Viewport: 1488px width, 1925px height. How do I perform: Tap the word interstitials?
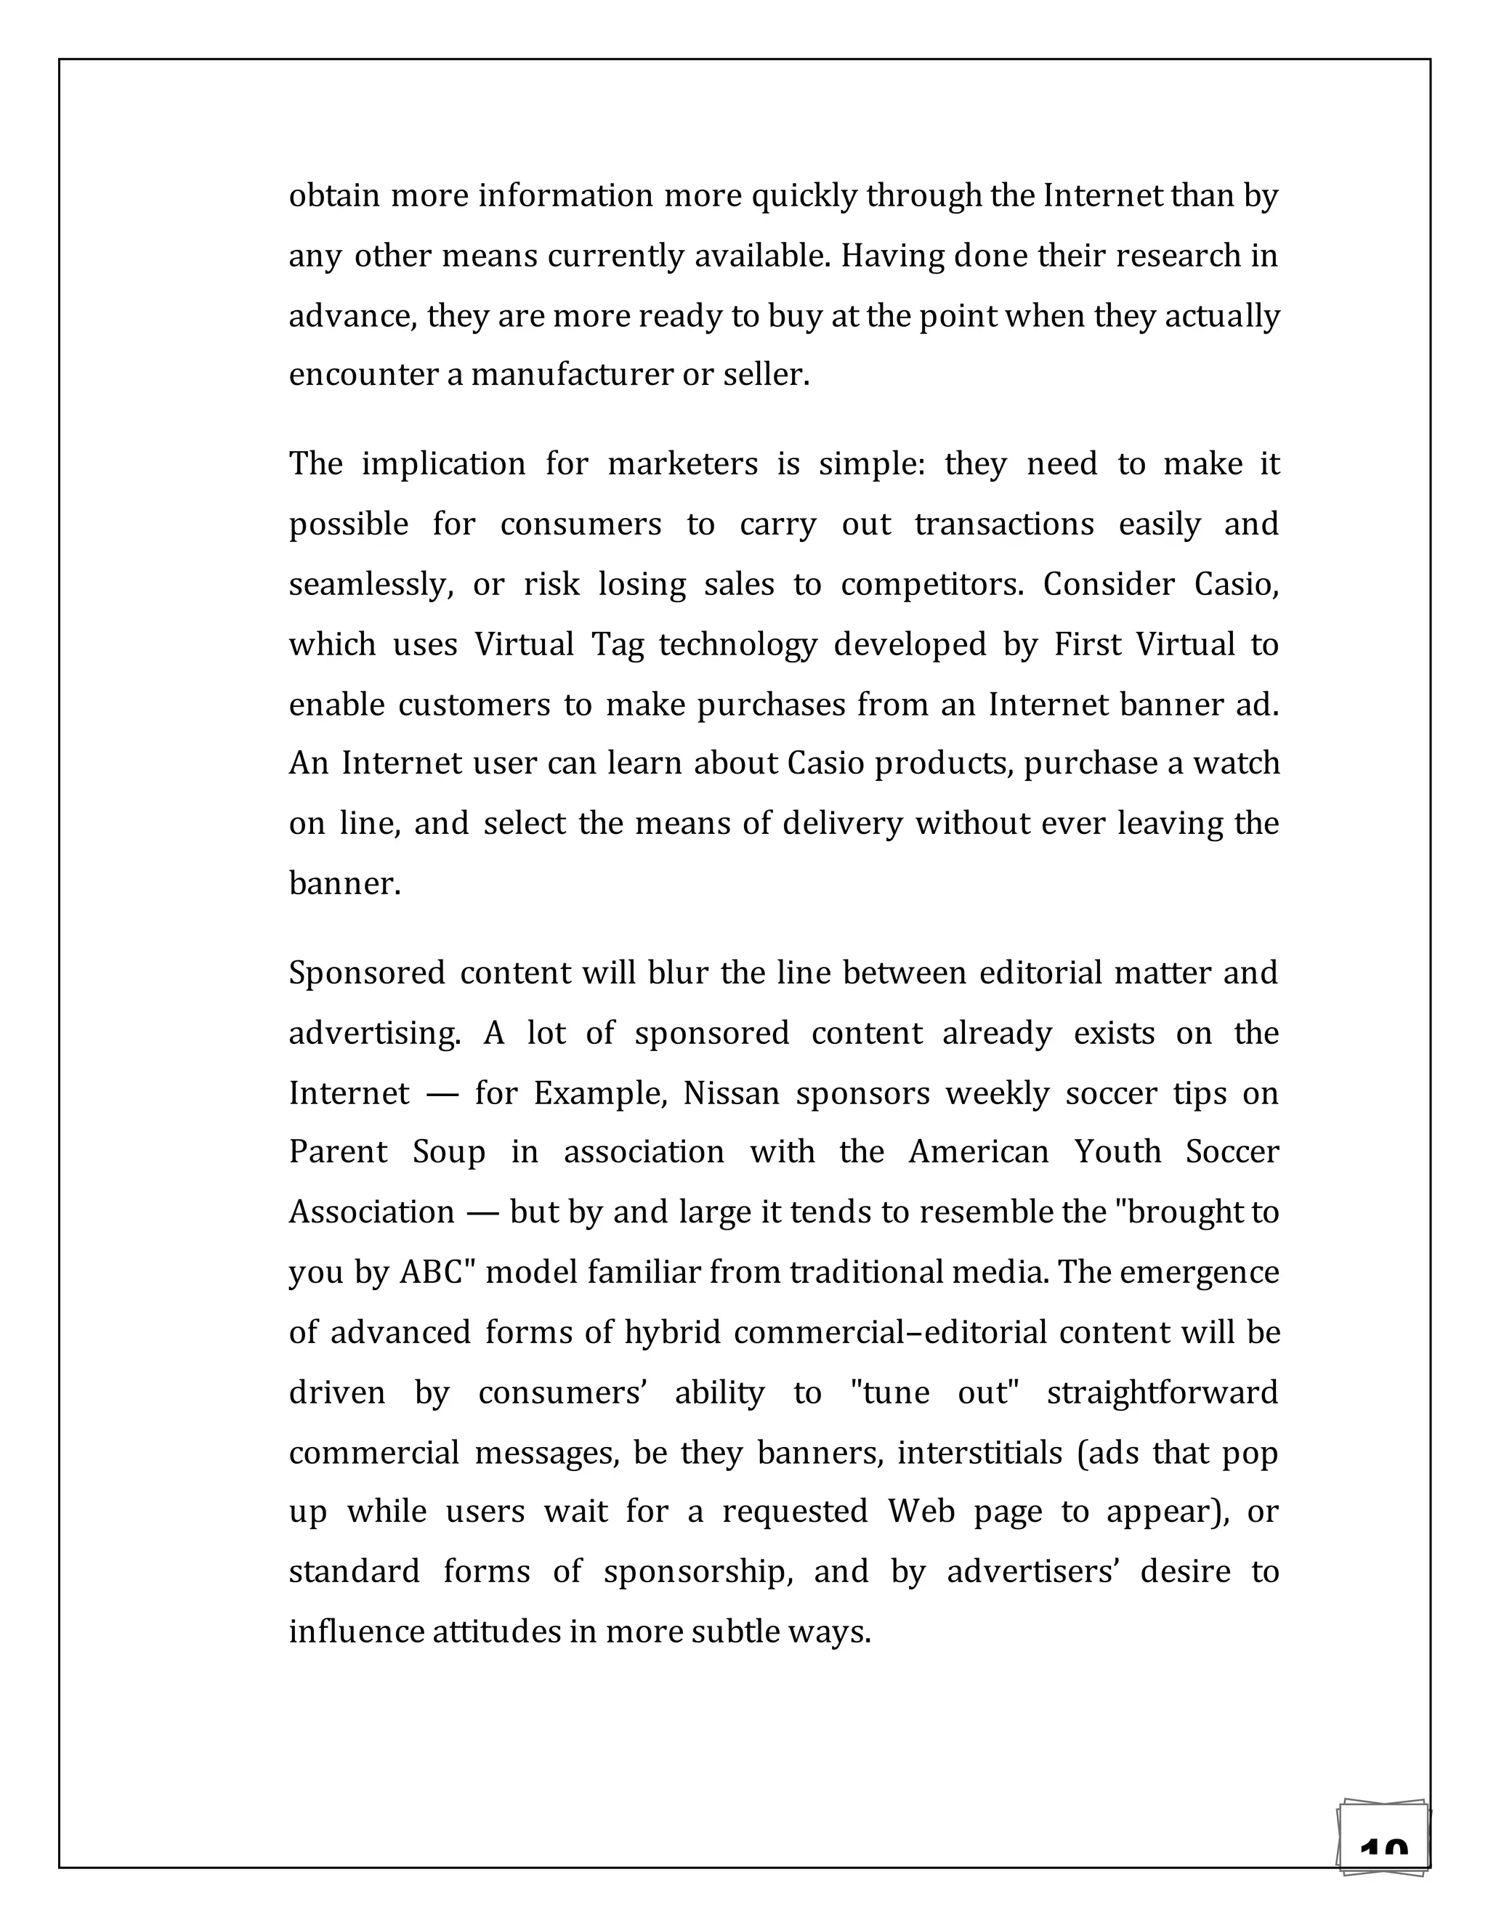(979, 1453)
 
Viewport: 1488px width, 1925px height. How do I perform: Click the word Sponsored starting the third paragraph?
(367, 973)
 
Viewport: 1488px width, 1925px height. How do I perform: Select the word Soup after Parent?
(449, 1153)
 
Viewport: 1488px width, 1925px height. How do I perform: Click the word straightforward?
(1162, 1393)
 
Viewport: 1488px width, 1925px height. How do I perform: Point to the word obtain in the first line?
(334, 195)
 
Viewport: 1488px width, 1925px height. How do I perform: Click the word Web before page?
(921, 1512)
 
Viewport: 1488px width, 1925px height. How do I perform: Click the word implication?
(443, 464)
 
